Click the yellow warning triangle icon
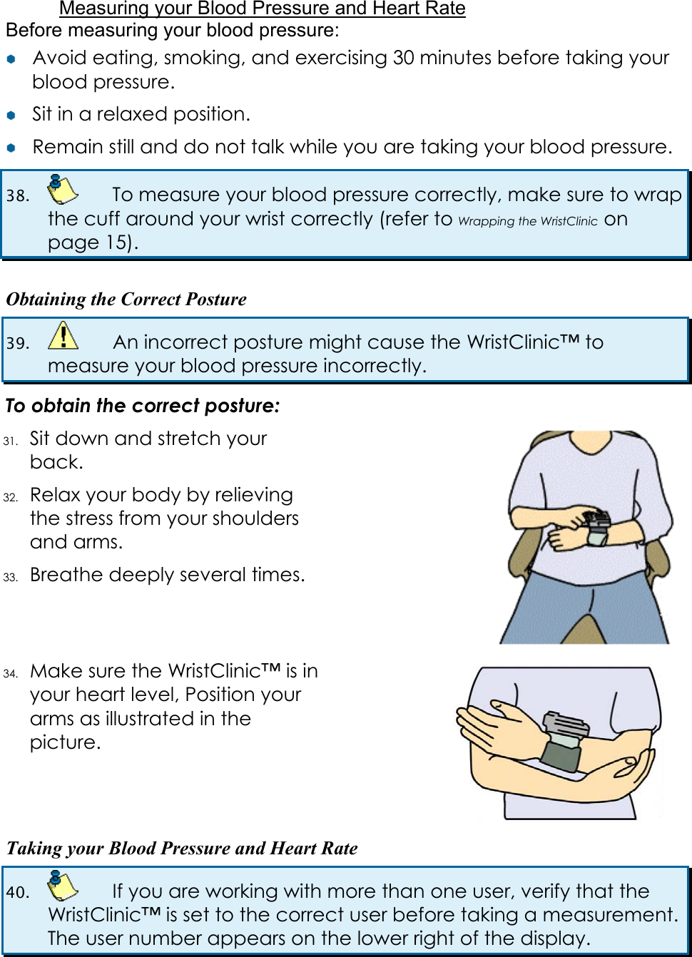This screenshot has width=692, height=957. pos(63,335)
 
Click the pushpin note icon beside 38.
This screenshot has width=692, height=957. pos(62,190)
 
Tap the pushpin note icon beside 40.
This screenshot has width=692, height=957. pos(62,886)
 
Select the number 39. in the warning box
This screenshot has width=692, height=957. pos(18,343)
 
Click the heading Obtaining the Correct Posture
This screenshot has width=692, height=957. pos(126,299)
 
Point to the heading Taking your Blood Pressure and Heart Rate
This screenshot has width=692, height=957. pos(182,848)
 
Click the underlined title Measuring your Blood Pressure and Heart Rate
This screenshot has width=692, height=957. pos(262,9)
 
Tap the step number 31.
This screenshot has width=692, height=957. pos(10,441)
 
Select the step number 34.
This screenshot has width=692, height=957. pos(10,673)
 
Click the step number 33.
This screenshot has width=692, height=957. pos(10,577)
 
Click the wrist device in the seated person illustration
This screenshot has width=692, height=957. pos(596,526)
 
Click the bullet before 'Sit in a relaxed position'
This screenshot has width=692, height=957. pos(11,115)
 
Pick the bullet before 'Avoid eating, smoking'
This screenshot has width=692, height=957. pos(11,59)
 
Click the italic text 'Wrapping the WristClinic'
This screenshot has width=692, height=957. pos(527,221)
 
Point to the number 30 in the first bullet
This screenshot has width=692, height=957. pos(403,58)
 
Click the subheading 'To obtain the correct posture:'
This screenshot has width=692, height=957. pos(143,406)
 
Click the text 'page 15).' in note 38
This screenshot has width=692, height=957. pos(93,242)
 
